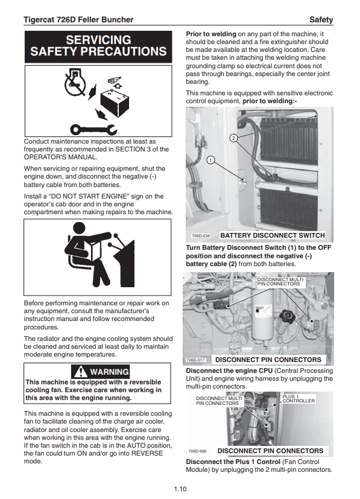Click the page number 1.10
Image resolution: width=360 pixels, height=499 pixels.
point(180,489)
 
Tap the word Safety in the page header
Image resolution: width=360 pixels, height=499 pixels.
point(321,20)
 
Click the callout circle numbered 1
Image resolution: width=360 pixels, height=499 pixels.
point(210,160)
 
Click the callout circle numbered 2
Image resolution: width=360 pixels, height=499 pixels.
point(233,138)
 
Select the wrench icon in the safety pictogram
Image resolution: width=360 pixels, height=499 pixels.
point(93,129)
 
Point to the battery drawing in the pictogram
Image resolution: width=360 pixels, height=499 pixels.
point(115,103)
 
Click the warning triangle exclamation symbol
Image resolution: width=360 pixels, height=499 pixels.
point(81,372)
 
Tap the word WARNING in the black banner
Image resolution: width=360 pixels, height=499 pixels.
point(109,372)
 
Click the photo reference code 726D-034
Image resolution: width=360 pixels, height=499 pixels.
point(201,236)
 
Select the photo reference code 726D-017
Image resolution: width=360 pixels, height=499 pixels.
point(195,360)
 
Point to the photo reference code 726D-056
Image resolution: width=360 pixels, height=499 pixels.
point(197,451)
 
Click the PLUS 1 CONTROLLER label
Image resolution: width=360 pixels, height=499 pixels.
point(298,398)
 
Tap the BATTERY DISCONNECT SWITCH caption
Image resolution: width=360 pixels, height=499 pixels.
point(273,235)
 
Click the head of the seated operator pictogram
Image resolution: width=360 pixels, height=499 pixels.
point(79,229)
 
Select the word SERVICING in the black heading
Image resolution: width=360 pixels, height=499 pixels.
point(98,40)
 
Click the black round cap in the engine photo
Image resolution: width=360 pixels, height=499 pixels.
point(287,315)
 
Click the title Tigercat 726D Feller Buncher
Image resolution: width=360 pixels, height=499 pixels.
point(78,20)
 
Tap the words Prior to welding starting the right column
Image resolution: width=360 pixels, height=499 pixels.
point(211,34)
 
